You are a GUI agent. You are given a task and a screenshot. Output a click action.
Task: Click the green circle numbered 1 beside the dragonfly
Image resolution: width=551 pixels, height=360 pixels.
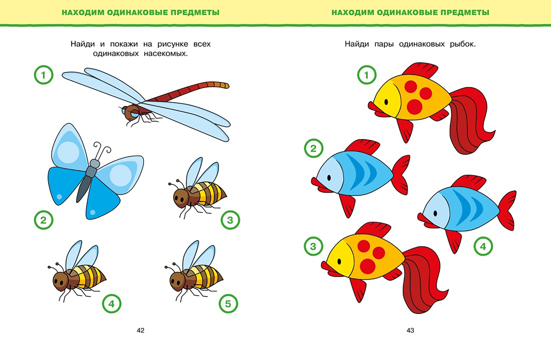coord(44,75)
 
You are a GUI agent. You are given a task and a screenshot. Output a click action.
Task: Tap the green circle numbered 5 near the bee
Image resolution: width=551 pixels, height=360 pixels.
coord(228,304)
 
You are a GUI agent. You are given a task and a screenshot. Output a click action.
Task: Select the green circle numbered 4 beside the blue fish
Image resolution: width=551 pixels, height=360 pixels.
coord(483,246)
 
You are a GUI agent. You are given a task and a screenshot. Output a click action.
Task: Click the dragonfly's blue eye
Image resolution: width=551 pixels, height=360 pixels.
coord(134,113)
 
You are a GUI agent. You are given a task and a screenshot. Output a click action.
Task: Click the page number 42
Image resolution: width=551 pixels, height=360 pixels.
coord(140,330)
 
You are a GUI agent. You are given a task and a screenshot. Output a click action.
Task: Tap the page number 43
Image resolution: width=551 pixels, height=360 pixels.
coord(410,330)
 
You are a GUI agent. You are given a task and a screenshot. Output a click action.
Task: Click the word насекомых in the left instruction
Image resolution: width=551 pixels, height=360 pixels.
coord(166,54)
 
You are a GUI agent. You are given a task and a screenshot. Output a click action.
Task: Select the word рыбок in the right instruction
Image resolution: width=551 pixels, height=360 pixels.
coord(463,44)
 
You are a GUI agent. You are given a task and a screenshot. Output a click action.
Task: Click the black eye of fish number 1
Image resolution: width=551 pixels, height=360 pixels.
coord(386,102)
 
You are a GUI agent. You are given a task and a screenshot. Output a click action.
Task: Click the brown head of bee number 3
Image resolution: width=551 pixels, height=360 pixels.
coord(181,197)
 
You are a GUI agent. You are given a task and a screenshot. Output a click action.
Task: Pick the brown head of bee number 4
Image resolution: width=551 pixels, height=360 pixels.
coord(61,281)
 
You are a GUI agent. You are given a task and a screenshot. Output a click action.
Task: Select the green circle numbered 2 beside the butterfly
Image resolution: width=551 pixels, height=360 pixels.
coord(44,220)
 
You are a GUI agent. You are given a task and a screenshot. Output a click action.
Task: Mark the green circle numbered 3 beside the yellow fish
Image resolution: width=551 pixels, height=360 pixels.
coord(314,246)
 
